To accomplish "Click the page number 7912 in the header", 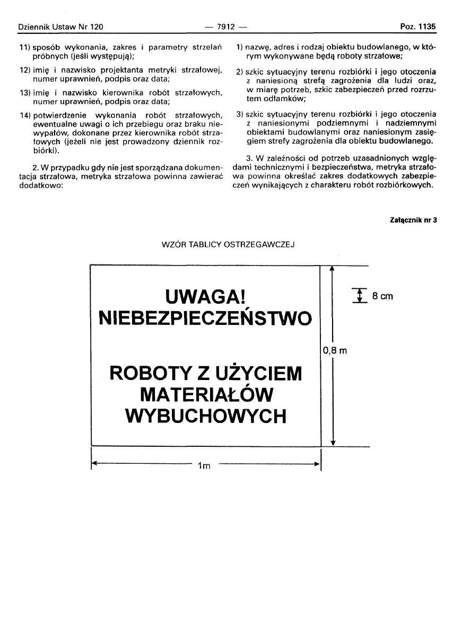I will point(226,27).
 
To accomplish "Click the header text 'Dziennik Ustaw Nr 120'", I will point(60,27).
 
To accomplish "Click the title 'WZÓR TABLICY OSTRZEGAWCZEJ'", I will point(228,245).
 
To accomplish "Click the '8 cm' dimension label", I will point(382,296).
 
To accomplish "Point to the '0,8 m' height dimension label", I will point(334,350).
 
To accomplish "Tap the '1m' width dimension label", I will point(204,466).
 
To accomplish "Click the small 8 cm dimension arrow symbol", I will point(360,295).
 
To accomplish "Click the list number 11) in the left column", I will point(24,48).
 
